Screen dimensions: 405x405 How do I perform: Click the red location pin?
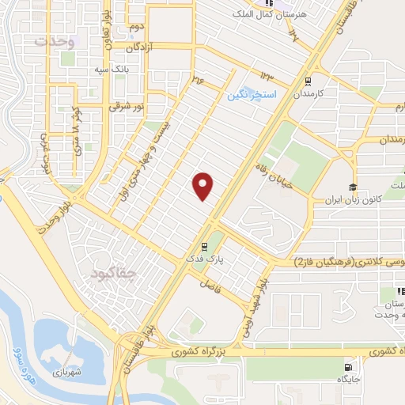point(204,186)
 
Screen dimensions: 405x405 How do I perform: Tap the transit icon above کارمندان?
point(308,81)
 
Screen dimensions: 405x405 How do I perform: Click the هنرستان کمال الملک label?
point(259,15)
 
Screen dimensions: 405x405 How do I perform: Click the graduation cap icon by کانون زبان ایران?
point(352,188)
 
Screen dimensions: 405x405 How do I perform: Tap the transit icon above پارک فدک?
point(206,245)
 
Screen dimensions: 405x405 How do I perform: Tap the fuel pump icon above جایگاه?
point(348,365)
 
